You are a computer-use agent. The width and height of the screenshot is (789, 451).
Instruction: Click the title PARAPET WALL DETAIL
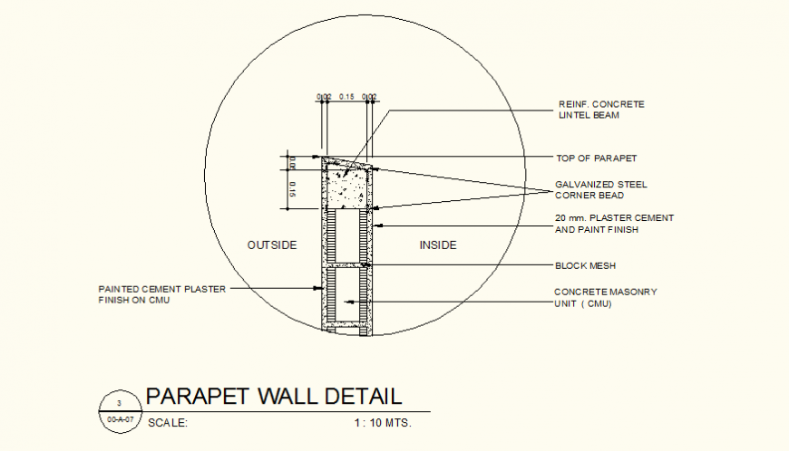pyautogui.click(x=273, y=397)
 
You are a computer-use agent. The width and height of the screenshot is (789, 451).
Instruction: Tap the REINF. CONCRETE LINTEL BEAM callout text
pyautogui.click(x=601, y=110)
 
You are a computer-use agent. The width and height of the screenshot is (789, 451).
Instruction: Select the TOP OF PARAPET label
pyautogui.click(x=596, y=158)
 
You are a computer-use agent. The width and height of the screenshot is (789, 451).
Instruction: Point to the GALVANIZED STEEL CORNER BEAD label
pyautogui.click(x=601, y=189)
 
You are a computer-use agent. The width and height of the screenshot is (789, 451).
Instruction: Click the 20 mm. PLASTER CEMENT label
pyautogui.click(x=614, y=218)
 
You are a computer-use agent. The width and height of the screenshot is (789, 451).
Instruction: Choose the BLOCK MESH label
pyautogui.click(x=585, y=265)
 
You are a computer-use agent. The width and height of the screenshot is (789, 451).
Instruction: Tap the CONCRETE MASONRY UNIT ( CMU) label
pyautogui.click(x=605, y=298)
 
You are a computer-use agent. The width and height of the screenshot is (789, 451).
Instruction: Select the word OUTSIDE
pyautogui.click(x=272, y=245)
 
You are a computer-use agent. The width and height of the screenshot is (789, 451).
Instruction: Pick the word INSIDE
pyautogui.click(x=437, y=245)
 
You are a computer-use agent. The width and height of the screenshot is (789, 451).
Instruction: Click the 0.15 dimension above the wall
pyautogui.click(x=346, y=96)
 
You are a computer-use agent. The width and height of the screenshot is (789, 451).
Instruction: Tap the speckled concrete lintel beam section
pyautogui.click(x=346, y=185)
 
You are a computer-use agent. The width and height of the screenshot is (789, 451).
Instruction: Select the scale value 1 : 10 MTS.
pyautogui.click(x=383, y=422)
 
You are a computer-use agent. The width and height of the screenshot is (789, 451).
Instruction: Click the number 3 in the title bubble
pyautogui.click(x=117, y=403)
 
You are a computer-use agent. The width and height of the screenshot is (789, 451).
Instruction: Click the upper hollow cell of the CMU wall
pyautogui.click(x=346, y=236)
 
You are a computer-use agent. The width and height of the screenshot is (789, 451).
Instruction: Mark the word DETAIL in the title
pyautogui.click(x=357, y=397)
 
